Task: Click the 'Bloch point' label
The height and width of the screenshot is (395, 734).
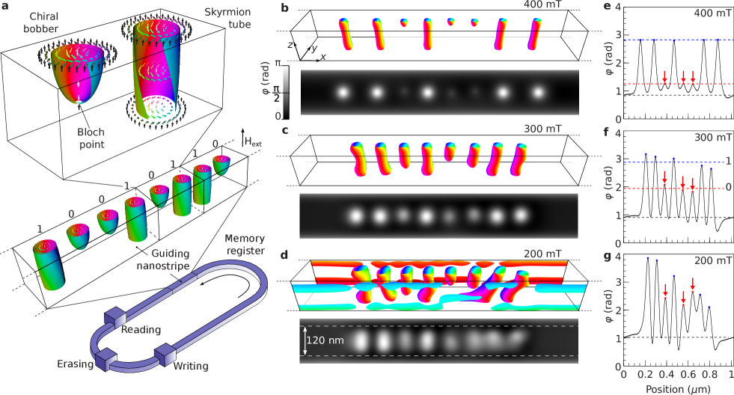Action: [91, 138]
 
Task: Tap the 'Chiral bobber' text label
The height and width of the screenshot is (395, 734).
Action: [41, 22]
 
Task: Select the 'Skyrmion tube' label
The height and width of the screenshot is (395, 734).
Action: [228, 18]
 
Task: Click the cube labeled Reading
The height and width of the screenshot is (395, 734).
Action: [115, 318]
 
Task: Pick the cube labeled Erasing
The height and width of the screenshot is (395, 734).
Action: [105, 361]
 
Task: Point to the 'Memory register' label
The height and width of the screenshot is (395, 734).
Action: [245, 245]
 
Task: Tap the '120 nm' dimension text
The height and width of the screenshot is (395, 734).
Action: [325, 340]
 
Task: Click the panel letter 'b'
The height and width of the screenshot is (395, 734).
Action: [285, 7]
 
